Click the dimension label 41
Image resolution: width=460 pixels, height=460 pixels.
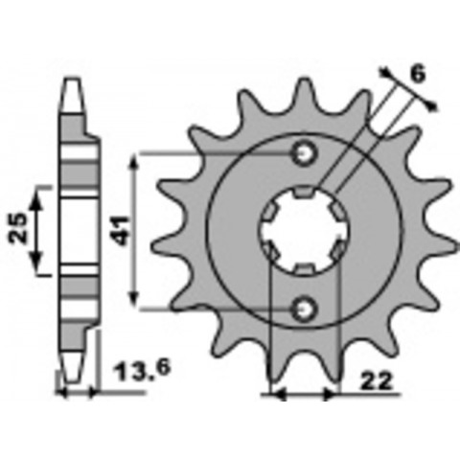122,231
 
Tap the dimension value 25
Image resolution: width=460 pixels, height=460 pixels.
18,228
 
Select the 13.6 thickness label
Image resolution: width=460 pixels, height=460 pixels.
143,372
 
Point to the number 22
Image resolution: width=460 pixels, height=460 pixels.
376,381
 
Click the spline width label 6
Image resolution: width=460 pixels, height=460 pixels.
418,75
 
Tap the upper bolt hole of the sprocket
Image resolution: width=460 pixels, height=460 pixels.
304,154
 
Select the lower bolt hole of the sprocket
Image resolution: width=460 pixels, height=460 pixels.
304,309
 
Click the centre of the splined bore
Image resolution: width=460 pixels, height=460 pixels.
306,231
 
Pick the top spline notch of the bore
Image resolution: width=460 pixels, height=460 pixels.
304,191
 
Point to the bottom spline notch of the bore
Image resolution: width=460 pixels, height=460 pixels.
304,270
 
